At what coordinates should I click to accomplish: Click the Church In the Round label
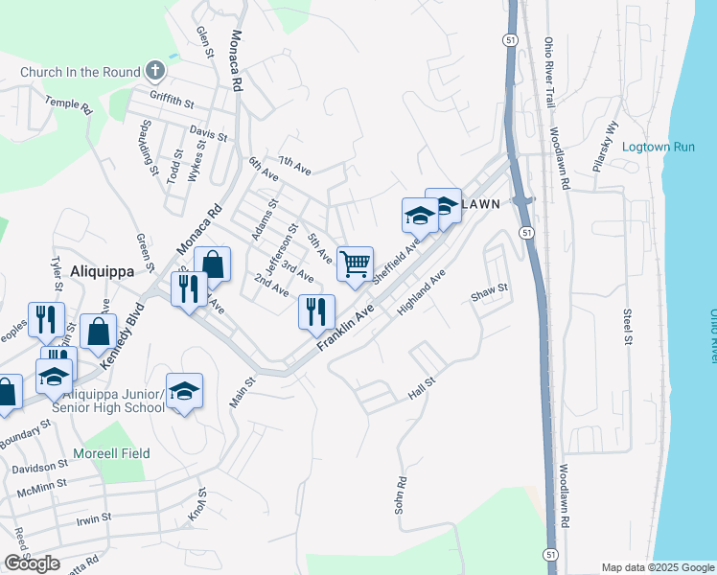(80, 71)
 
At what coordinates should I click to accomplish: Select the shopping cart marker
(355, 264)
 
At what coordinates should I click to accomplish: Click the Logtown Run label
(658, 147)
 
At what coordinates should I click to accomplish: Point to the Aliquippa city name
(102, 271)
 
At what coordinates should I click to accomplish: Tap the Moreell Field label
(111, 452)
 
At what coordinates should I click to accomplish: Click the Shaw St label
(488, 289)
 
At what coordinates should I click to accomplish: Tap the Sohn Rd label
(402, 494)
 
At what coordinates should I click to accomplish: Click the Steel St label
(628, 327)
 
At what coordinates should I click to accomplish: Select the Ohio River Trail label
(549, 73)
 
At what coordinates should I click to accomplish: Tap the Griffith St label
(173, 99)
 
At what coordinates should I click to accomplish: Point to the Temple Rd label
(67, 104)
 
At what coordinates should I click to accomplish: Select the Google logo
(32, 563)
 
